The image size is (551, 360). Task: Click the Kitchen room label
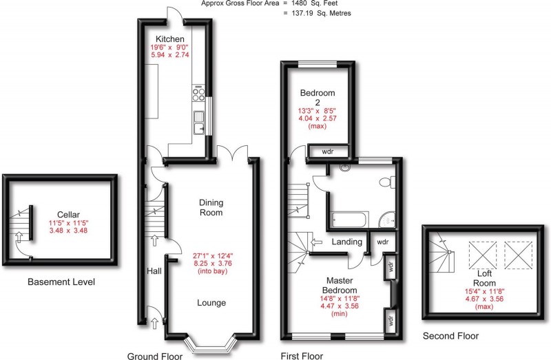click(169, 39)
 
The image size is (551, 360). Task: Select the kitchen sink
click(200, 122)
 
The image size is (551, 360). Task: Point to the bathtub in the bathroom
click(349, 220)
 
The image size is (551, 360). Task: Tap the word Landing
click(347, 242)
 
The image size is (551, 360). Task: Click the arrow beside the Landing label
click(315, 242)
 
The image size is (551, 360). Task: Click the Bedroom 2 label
click(318, 98)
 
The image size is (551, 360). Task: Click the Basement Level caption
click(61, 282)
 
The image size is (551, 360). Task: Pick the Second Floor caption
click(451, 337)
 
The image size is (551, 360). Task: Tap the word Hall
click(154, 272)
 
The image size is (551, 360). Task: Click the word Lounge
click(211, 303)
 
